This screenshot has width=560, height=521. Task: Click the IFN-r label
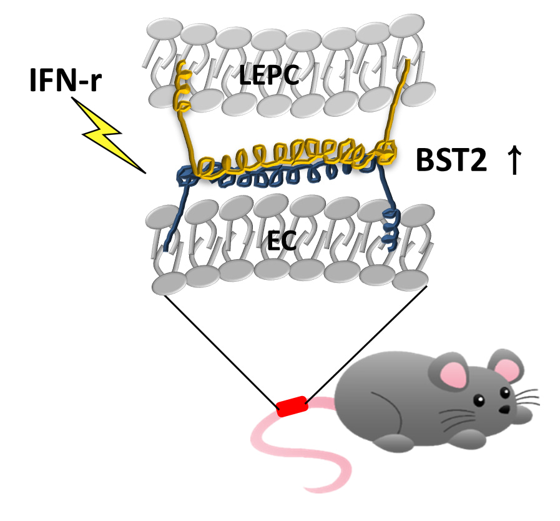[x=66, y=80]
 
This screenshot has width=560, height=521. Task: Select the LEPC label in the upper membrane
[x=268, y=75]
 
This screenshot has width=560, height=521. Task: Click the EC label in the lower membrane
[x=282, y=240]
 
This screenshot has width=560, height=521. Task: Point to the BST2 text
[x=451, y=160]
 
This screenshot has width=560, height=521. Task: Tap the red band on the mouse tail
[x=292, y=406]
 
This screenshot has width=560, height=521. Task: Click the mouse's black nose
[x=504, y=409]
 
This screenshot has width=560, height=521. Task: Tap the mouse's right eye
[x=505, y=393]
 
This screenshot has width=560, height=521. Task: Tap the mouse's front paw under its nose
[x=519, y=415]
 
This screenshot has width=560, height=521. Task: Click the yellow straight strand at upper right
[x=397, y=100]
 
